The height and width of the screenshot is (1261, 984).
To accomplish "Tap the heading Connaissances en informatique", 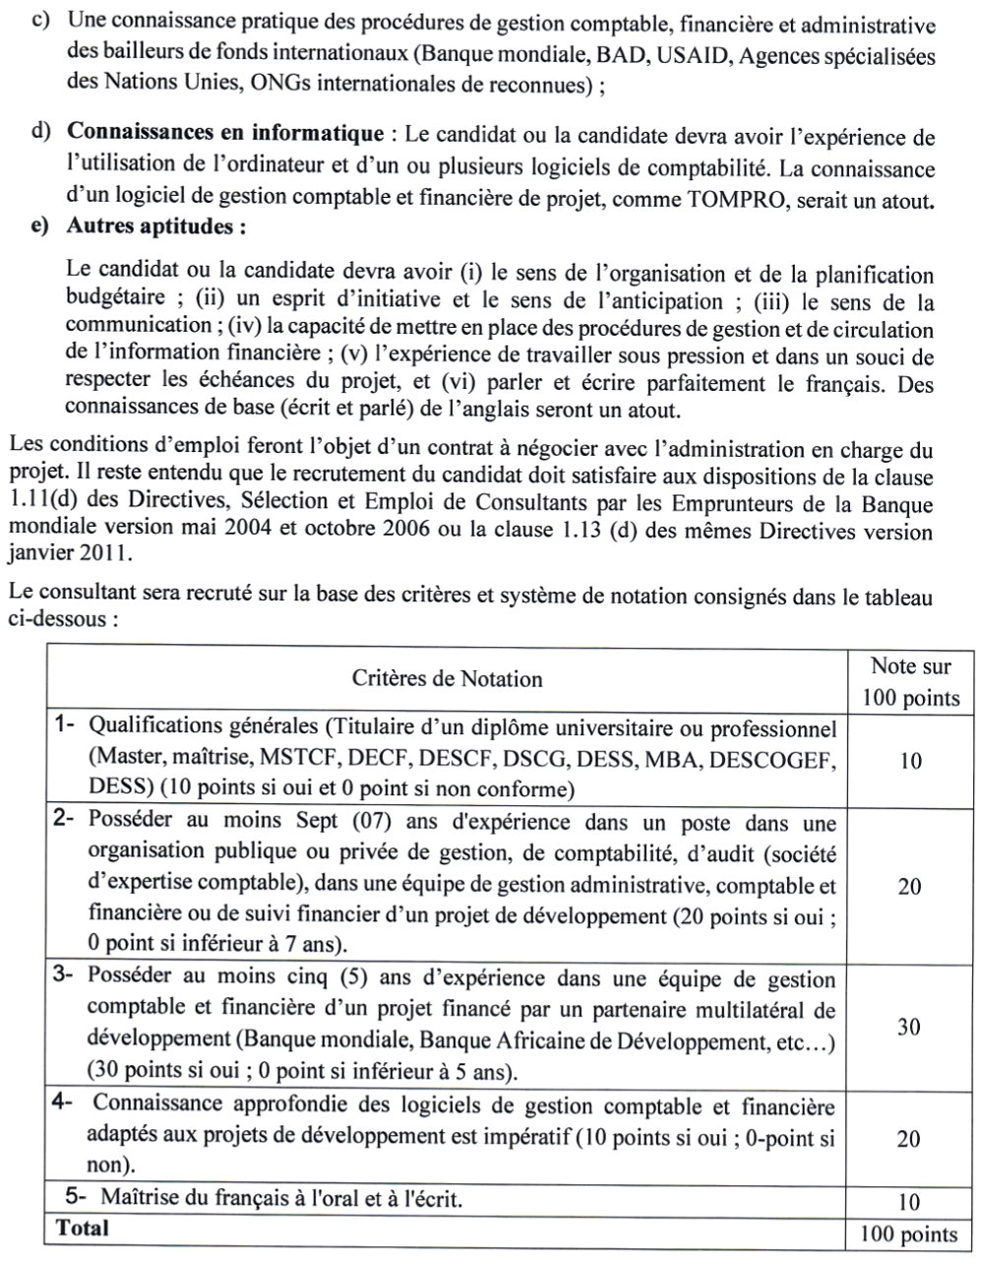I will [x=224, y=133].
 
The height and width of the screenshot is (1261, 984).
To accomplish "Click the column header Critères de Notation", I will [x=447, y=678].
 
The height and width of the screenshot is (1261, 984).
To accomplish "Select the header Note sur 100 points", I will [x=910, y=682].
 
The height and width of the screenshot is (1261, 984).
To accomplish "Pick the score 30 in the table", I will [x=909, y=1027].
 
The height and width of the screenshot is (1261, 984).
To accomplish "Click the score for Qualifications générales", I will [x=909, y=761].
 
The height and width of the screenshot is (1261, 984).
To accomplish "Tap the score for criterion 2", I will [x=909, y=887].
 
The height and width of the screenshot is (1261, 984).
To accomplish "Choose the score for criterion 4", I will [x=909, y=1139].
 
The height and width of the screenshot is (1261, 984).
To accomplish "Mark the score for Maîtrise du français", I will [x=909, y=1202].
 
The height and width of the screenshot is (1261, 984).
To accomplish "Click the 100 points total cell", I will [x=908, y=1234].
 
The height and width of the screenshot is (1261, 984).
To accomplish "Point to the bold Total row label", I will [x=83, y=1228].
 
